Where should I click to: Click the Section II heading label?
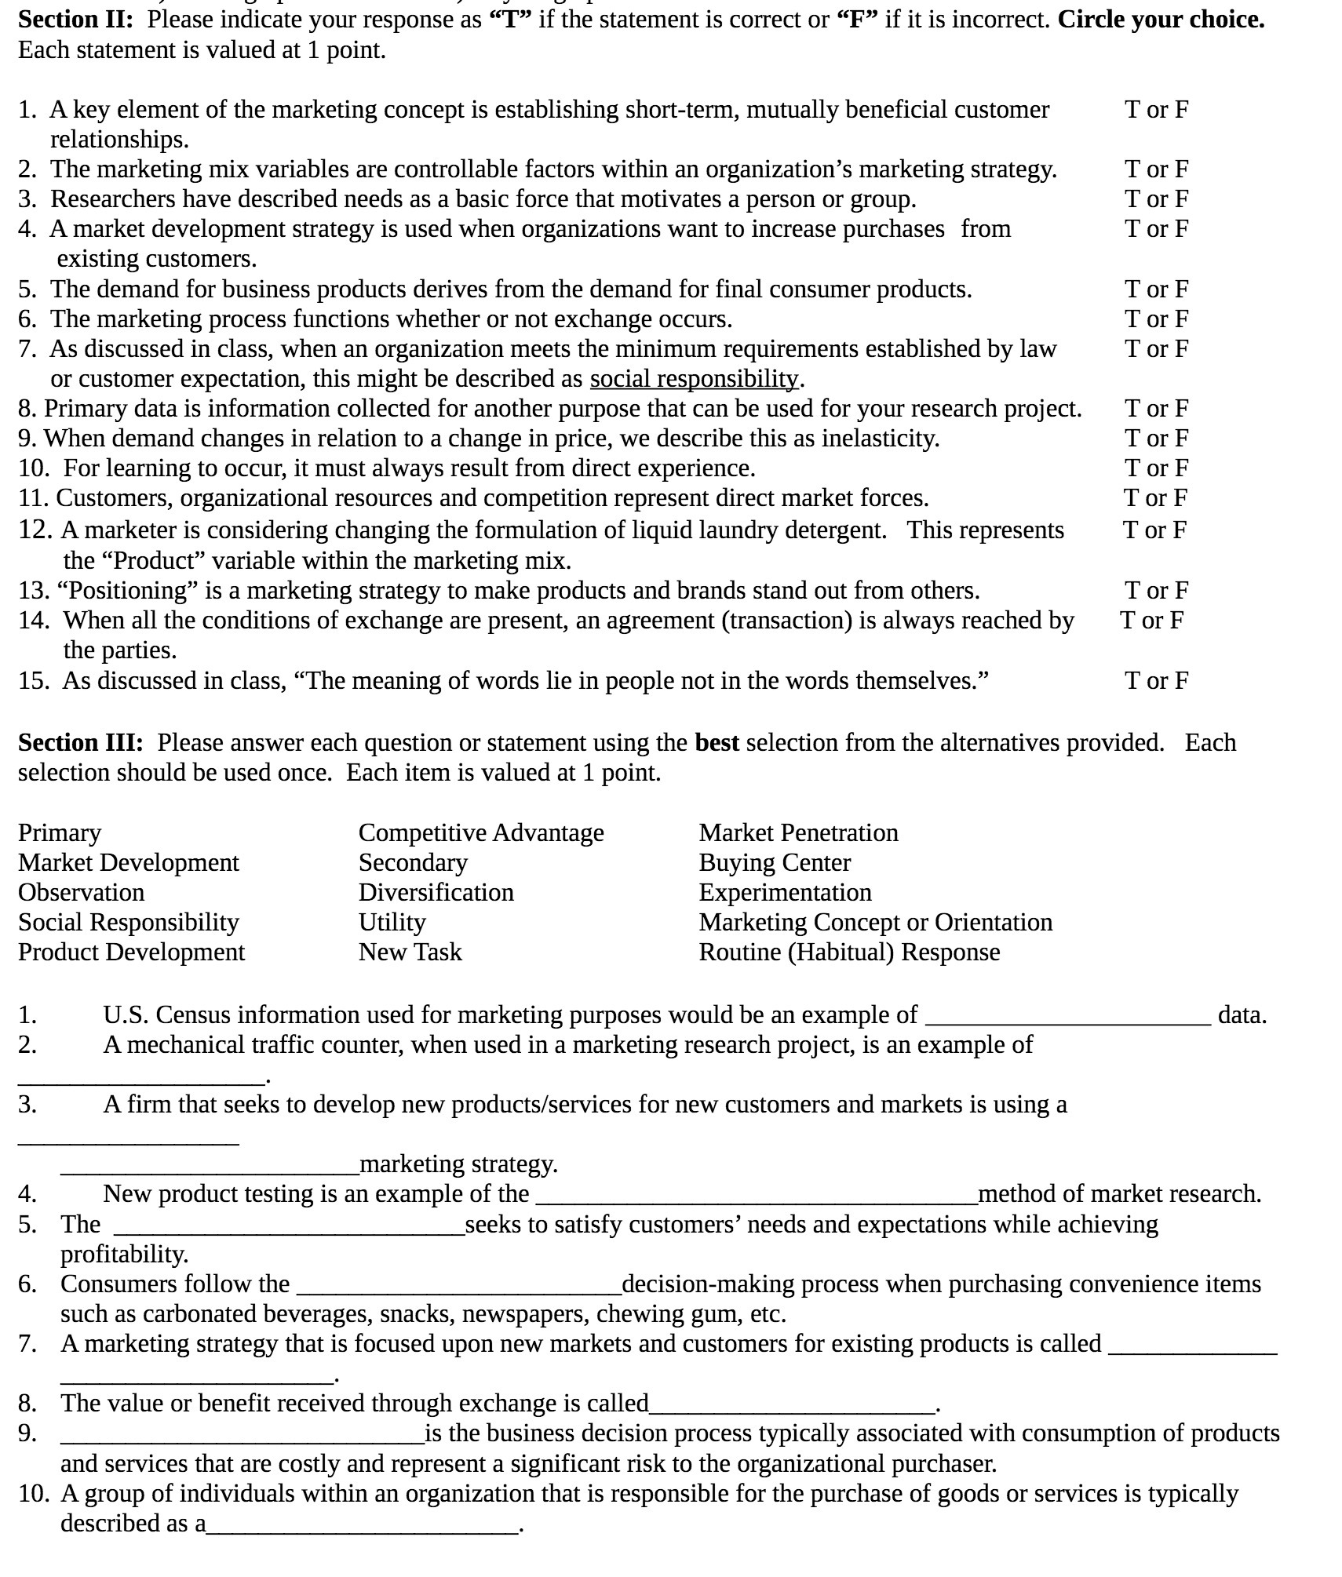point(75,19)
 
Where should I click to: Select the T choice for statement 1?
point(1132,109)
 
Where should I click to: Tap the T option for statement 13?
point(1132,590)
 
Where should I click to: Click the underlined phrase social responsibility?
point(694,379)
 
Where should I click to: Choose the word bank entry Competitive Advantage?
point(481,832)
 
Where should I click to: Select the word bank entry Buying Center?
point(775,862)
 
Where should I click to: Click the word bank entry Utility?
point(392,922)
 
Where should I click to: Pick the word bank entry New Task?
point(410,952)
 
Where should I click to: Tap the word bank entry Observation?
point(81,892)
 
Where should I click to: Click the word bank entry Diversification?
point(436,892)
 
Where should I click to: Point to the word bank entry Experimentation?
point(785,892)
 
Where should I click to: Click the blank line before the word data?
point(1068,1018)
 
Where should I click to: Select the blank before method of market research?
point(755,1197)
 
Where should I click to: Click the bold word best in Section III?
point(717,742)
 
